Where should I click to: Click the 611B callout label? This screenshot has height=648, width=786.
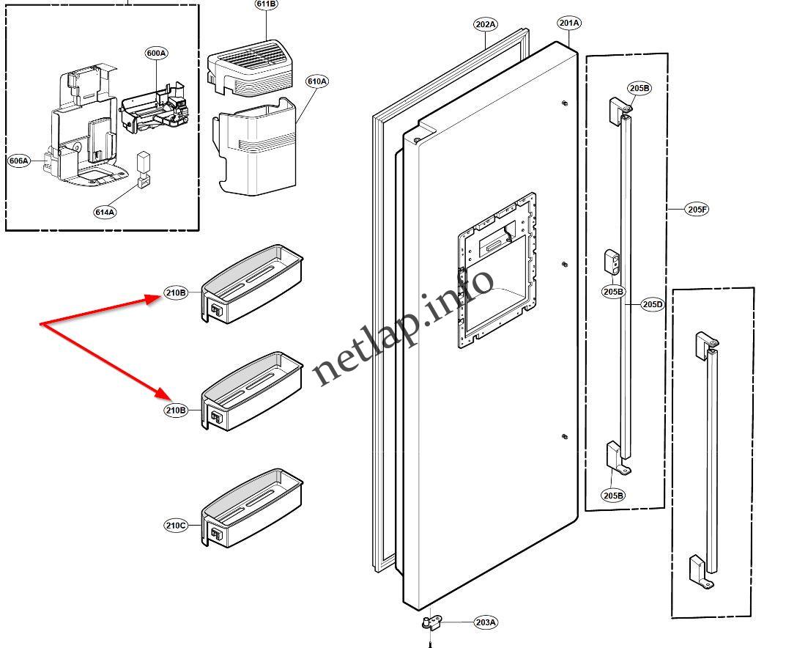tap(266, 4)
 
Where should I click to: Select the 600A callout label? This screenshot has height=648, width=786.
tap(156, 53)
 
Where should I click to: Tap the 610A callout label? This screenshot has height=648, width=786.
tap(316, 81)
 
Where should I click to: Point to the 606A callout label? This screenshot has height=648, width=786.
tap(19, 161)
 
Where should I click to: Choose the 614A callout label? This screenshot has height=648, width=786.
tap(105, 212)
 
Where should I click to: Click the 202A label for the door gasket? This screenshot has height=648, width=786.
tap(485, 24)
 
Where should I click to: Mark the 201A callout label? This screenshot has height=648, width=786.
tap(569, 23)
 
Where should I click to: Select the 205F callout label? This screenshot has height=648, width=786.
tap(697, 210)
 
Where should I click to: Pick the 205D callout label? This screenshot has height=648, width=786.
tap(652, 304)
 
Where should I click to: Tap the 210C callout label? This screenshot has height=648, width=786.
tap(176, 525)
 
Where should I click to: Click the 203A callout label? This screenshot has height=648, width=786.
tap(485, 622)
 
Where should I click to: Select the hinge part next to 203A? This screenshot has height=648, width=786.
tap(431, 623)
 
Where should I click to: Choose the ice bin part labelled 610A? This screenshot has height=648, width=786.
tap(256, 147)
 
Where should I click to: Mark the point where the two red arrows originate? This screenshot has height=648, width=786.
tap(41, 324)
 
